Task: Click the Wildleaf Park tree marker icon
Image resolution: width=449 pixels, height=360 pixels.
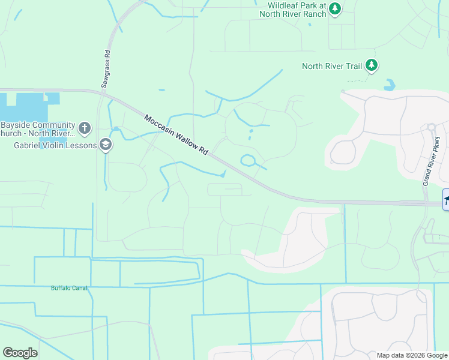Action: point(335,9)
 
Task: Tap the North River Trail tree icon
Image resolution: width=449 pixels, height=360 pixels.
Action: point(372,65)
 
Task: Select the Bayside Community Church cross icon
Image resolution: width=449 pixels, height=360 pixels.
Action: point(85,128)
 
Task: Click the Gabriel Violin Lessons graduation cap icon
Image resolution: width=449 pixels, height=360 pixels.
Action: point(106,145)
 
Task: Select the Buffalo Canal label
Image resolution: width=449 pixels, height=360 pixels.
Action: point(69,288)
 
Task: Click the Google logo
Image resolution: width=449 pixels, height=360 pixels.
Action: point(20,353)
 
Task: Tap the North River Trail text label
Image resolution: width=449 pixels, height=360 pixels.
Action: point(332,66)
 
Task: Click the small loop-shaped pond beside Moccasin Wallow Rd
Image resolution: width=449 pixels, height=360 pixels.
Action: point(248,160)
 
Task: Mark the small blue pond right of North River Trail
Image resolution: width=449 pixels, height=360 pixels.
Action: point(390,85)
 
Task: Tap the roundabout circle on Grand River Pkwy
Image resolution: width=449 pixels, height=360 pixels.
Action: point(431,127)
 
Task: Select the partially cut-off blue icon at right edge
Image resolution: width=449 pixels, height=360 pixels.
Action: point(446,200)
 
